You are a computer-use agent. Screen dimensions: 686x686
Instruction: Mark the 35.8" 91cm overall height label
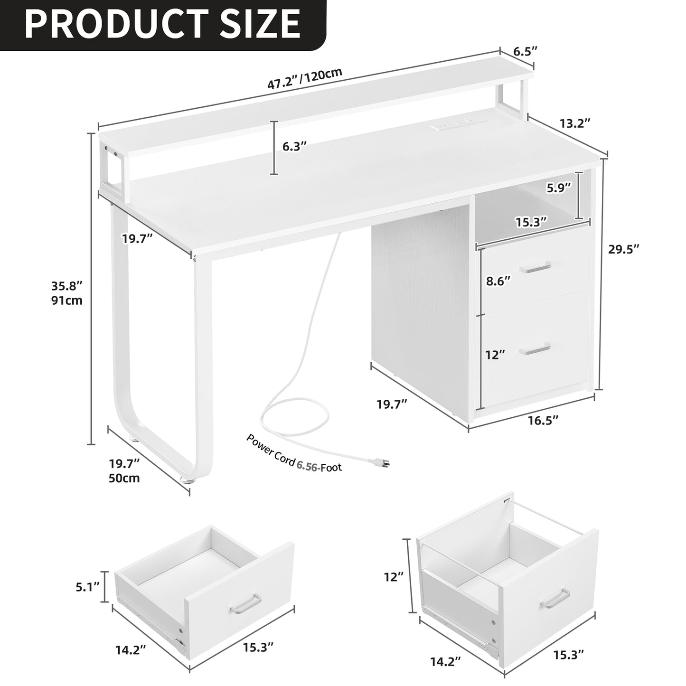click(x=67, y=293)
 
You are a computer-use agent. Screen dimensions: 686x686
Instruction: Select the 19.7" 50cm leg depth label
click(x=124, y=470)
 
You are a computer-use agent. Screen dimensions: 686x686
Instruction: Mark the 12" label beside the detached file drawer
click(x=394, y=577)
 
